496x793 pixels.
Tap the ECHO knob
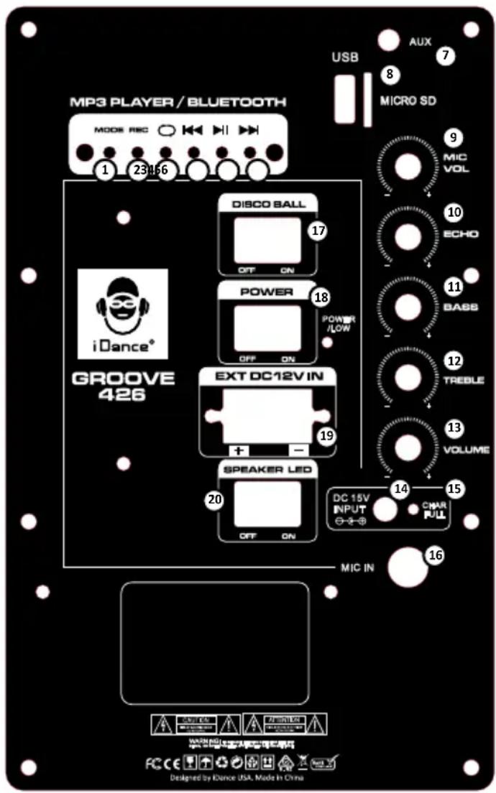click(x=408, y=235)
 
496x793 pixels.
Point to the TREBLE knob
click(x=408, y=376)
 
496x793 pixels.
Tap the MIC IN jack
click(x=408, y=567)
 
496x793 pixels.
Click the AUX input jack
click(x=389, y=40)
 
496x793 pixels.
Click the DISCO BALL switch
click(x=267, y=241)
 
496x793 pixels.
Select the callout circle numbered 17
click(x=317, y=231)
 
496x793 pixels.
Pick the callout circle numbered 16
click(x=435, y=555)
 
